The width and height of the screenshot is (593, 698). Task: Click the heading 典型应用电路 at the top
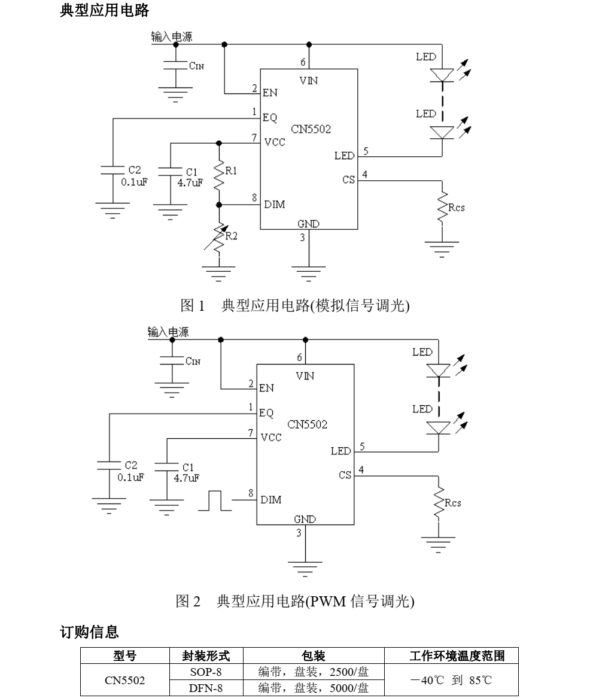[105, 10]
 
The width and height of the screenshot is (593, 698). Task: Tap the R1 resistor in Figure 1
[219, 173]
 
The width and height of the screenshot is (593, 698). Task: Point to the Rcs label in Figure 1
[456, 207]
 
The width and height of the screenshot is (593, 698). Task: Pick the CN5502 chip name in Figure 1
[311, 129]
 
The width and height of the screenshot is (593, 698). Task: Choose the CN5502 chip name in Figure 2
[307, 425]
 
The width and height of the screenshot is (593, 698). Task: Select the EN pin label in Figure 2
[266, 388]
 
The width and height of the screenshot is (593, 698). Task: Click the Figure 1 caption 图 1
[193, 306]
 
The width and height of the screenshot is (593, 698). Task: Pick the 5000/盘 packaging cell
[313, 688]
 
